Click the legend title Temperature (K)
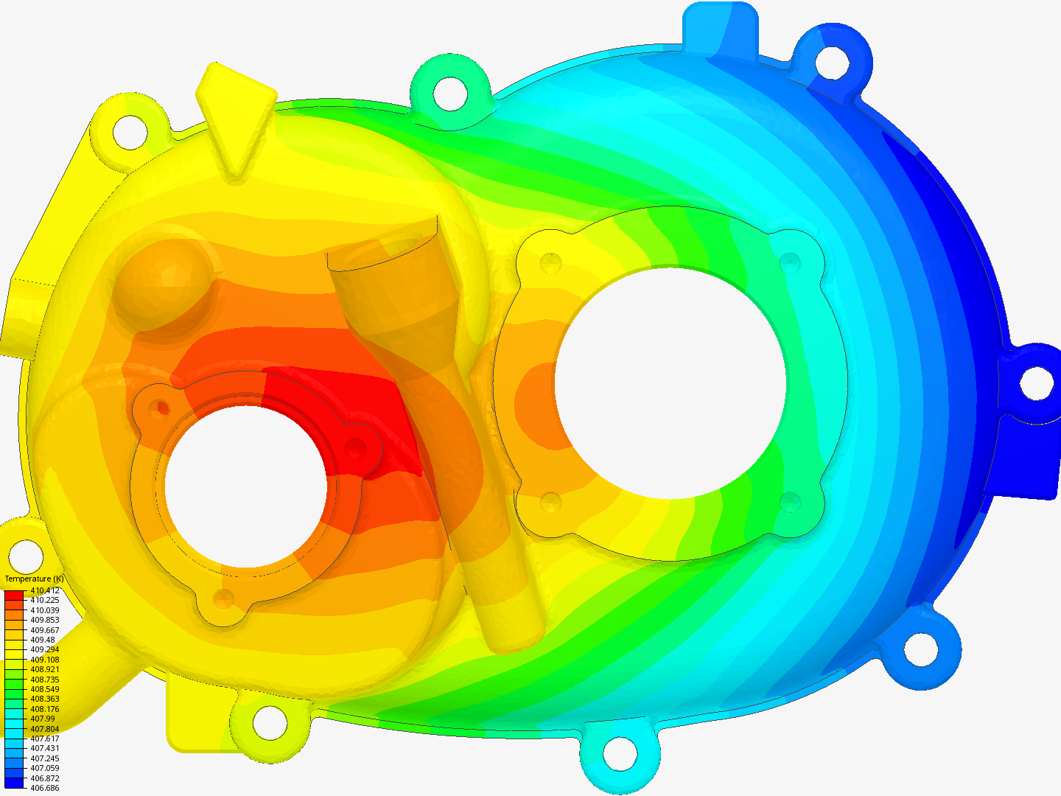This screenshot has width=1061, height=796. pos(34,579)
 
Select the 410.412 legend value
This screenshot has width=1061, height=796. pos(45,590)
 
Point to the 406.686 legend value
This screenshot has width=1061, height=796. pos(45,788)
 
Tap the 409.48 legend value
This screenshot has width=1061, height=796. pos(43,640)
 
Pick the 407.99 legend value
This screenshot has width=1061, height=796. pos(43,719)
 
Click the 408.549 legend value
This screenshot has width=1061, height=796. pos(45,689)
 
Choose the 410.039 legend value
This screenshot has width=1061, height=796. pos(45,610)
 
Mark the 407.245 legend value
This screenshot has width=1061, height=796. pos(45,758)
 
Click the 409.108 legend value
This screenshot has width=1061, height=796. pos(45,660)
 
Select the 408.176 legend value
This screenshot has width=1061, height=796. pos(45,709)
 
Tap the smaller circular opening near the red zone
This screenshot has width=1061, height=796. pos(246,486)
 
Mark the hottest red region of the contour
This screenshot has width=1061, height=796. pos(354,413)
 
